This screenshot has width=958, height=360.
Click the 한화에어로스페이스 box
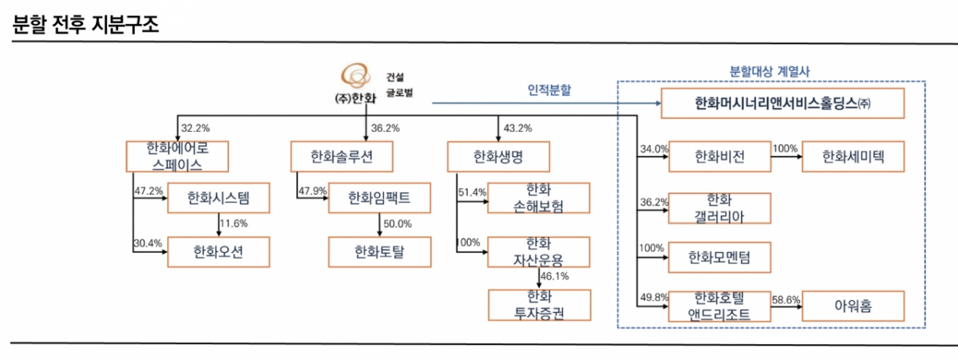pyautogui.click(x=177, y=156)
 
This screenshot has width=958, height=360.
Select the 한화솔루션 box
pyautogui.click(x=342, y=156)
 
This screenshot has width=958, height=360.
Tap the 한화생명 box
pyautogui.click(x=498, y=156)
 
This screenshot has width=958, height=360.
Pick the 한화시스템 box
pyautogui.click(x=218, y=200)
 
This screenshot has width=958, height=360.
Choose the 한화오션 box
pyautogui.click(x=218, y=253)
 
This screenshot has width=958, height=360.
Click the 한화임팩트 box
pyautogui.click(x=379, y=200)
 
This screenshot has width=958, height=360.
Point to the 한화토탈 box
pyautogui.click(x=379, y=253)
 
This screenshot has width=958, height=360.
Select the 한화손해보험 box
pyautogui.click(x=539, y=200)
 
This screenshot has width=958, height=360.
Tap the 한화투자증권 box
pyautogui.click(x=539, y=305)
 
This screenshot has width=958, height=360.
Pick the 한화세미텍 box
pyautogui.click(x=853, y=156)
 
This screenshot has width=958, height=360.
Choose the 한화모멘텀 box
pyautogui.click(x=719, y=257)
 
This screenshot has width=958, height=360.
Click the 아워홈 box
pyautogui.click(x=853, y=306)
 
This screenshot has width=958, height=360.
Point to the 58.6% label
pyautogui.click(x=785, y=299)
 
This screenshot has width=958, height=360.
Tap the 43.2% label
pyautogui.click(x=518, y=129)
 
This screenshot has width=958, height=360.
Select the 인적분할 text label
pyautogui.click(x=549, y=90)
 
